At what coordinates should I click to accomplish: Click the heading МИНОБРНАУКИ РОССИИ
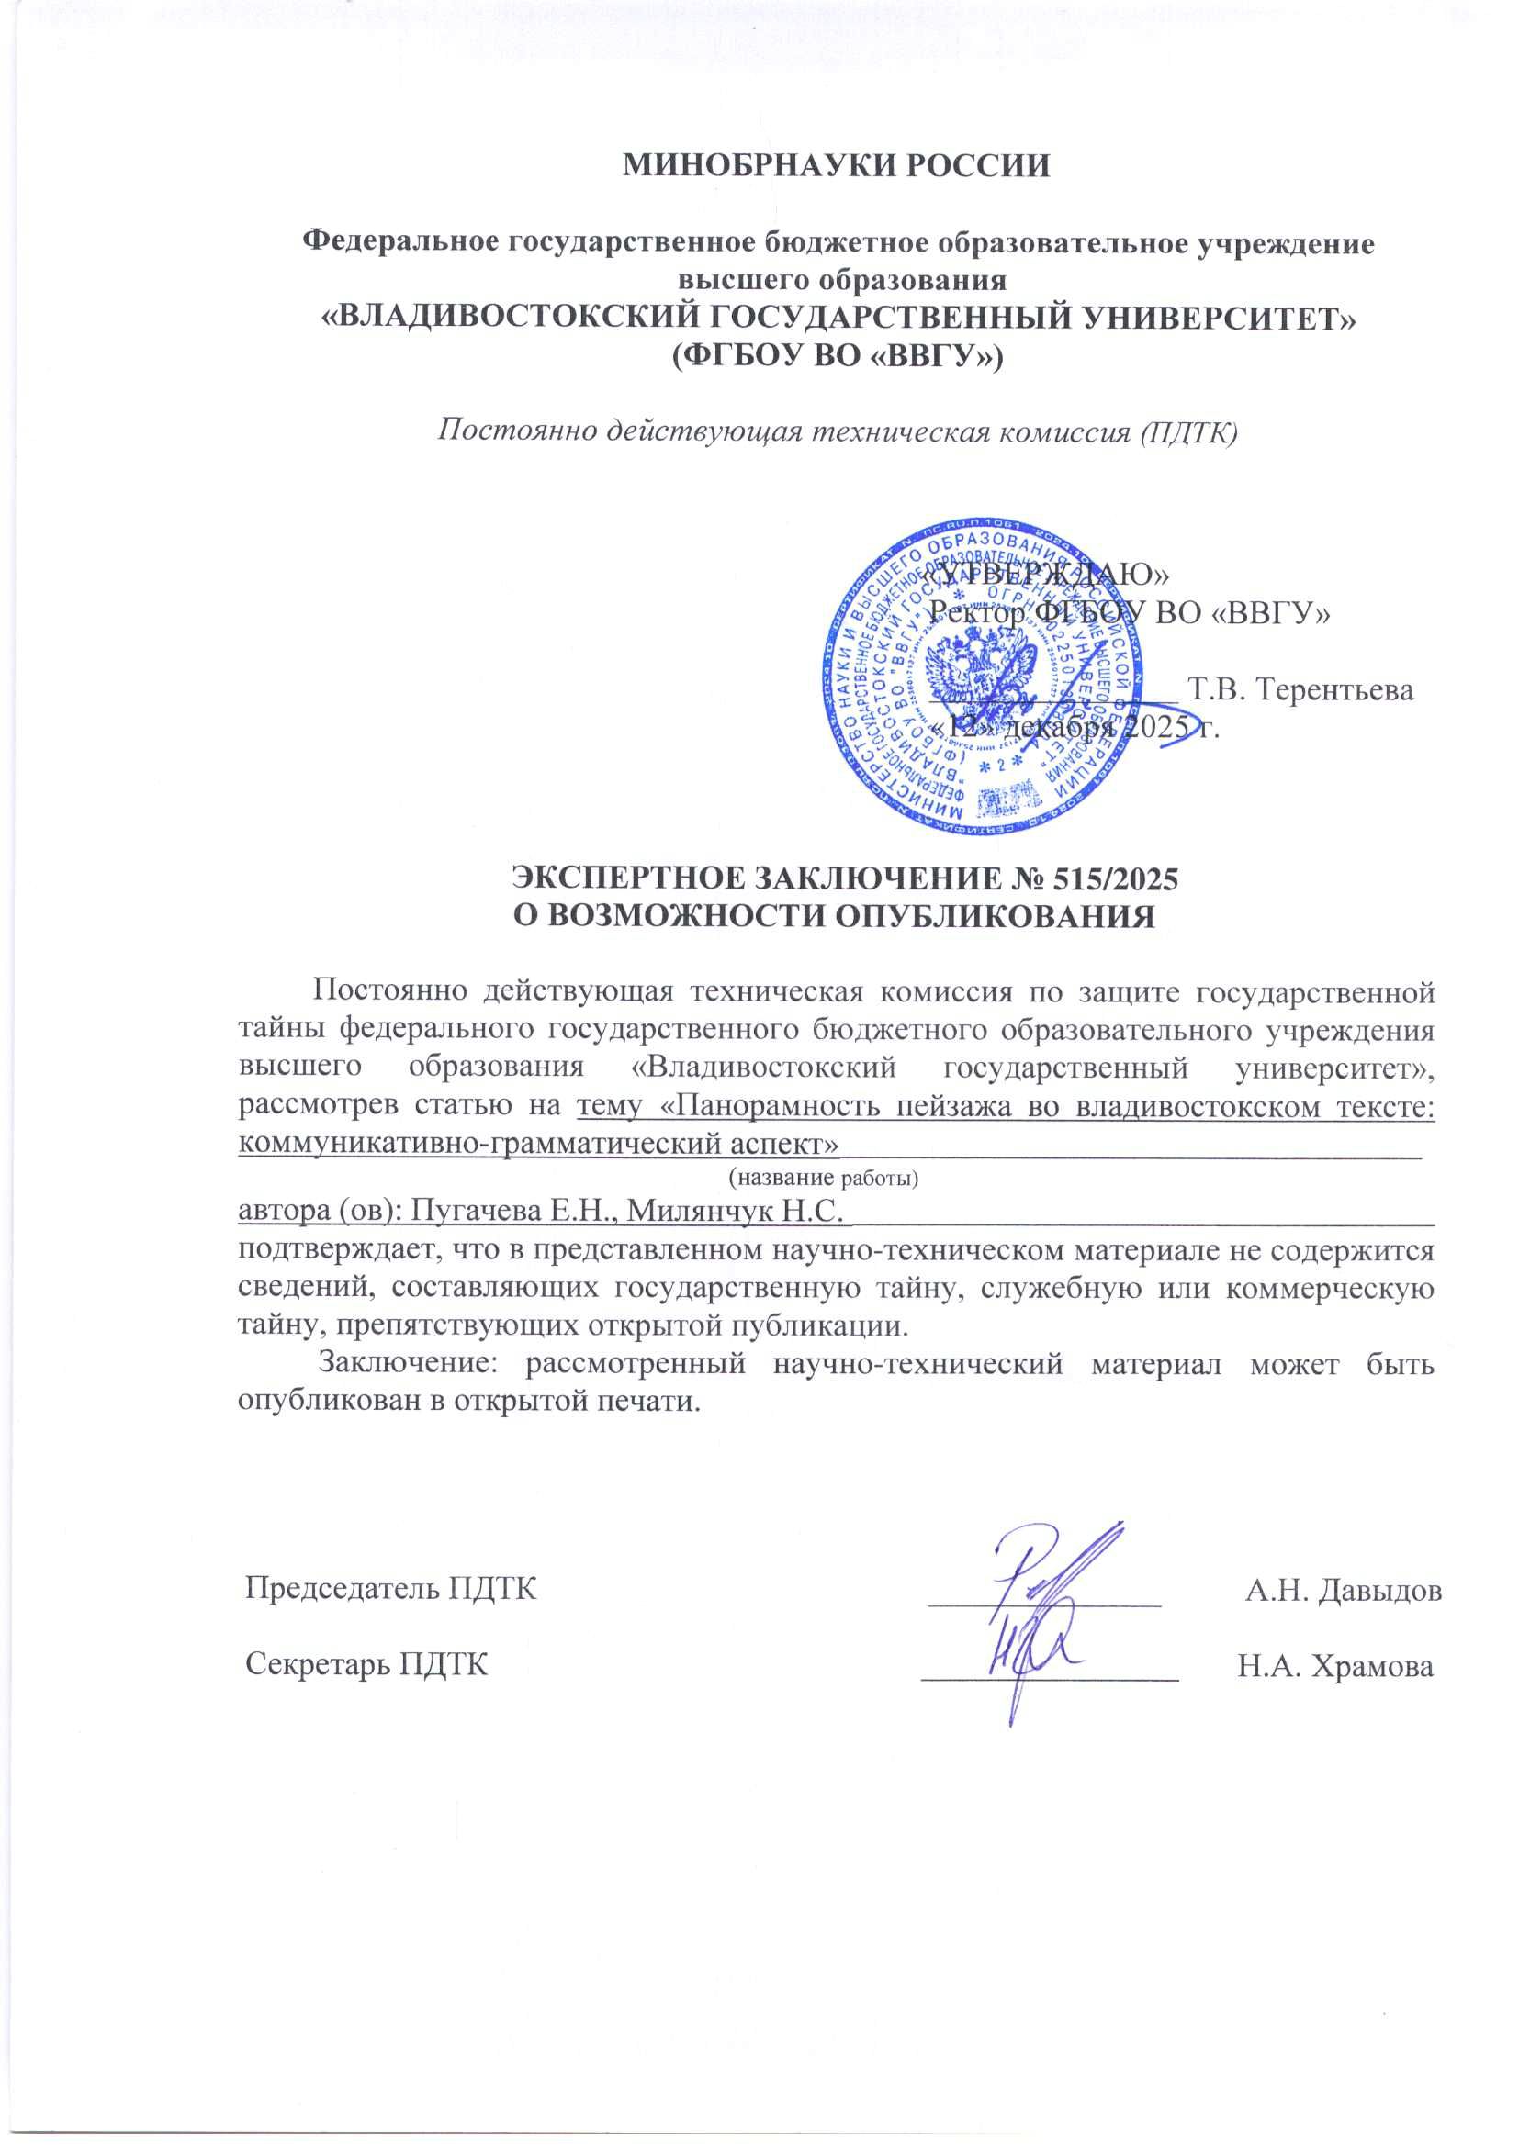[x=837, y=166]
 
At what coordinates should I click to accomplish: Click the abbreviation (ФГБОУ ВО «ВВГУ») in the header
[x=838, y=358]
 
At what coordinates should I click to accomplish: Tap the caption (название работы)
[x=823, y=1178]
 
